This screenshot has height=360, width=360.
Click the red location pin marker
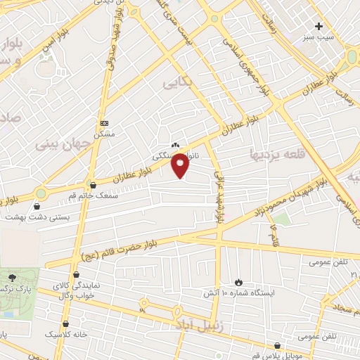[181, 165]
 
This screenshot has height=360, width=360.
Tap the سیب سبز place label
[329, 34]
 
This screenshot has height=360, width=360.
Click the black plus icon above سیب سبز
[319, 25]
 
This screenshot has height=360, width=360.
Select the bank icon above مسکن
[105, 122]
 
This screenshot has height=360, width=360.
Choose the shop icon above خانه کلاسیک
[66, 323]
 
